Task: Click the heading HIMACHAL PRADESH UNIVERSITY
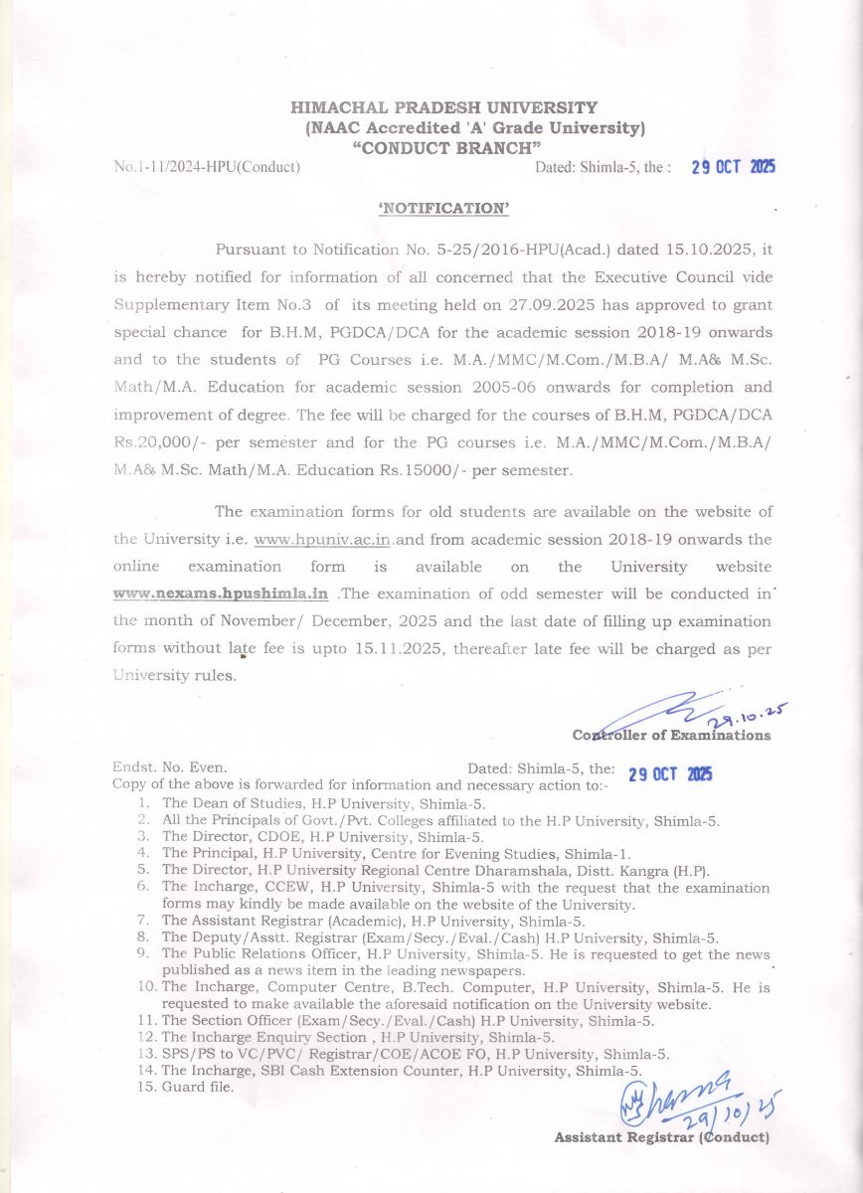tap(443, 107)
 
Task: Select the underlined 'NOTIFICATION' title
tap(443, 208)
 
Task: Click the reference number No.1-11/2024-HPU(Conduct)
tap(207, 167)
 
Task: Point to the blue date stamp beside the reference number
tap(733, 167)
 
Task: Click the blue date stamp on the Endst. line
tap(670, 774)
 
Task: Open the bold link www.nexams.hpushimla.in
tap(221, 595)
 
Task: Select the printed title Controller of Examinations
tap(671, 736)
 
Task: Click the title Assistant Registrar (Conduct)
tap(661, 1136)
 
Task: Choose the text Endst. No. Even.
tap(170, 768)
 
